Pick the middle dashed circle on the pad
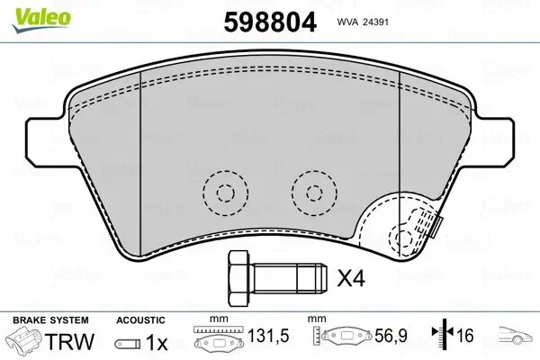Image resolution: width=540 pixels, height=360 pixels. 313,191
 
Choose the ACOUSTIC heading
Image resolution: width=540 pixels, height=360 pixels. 141,319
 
